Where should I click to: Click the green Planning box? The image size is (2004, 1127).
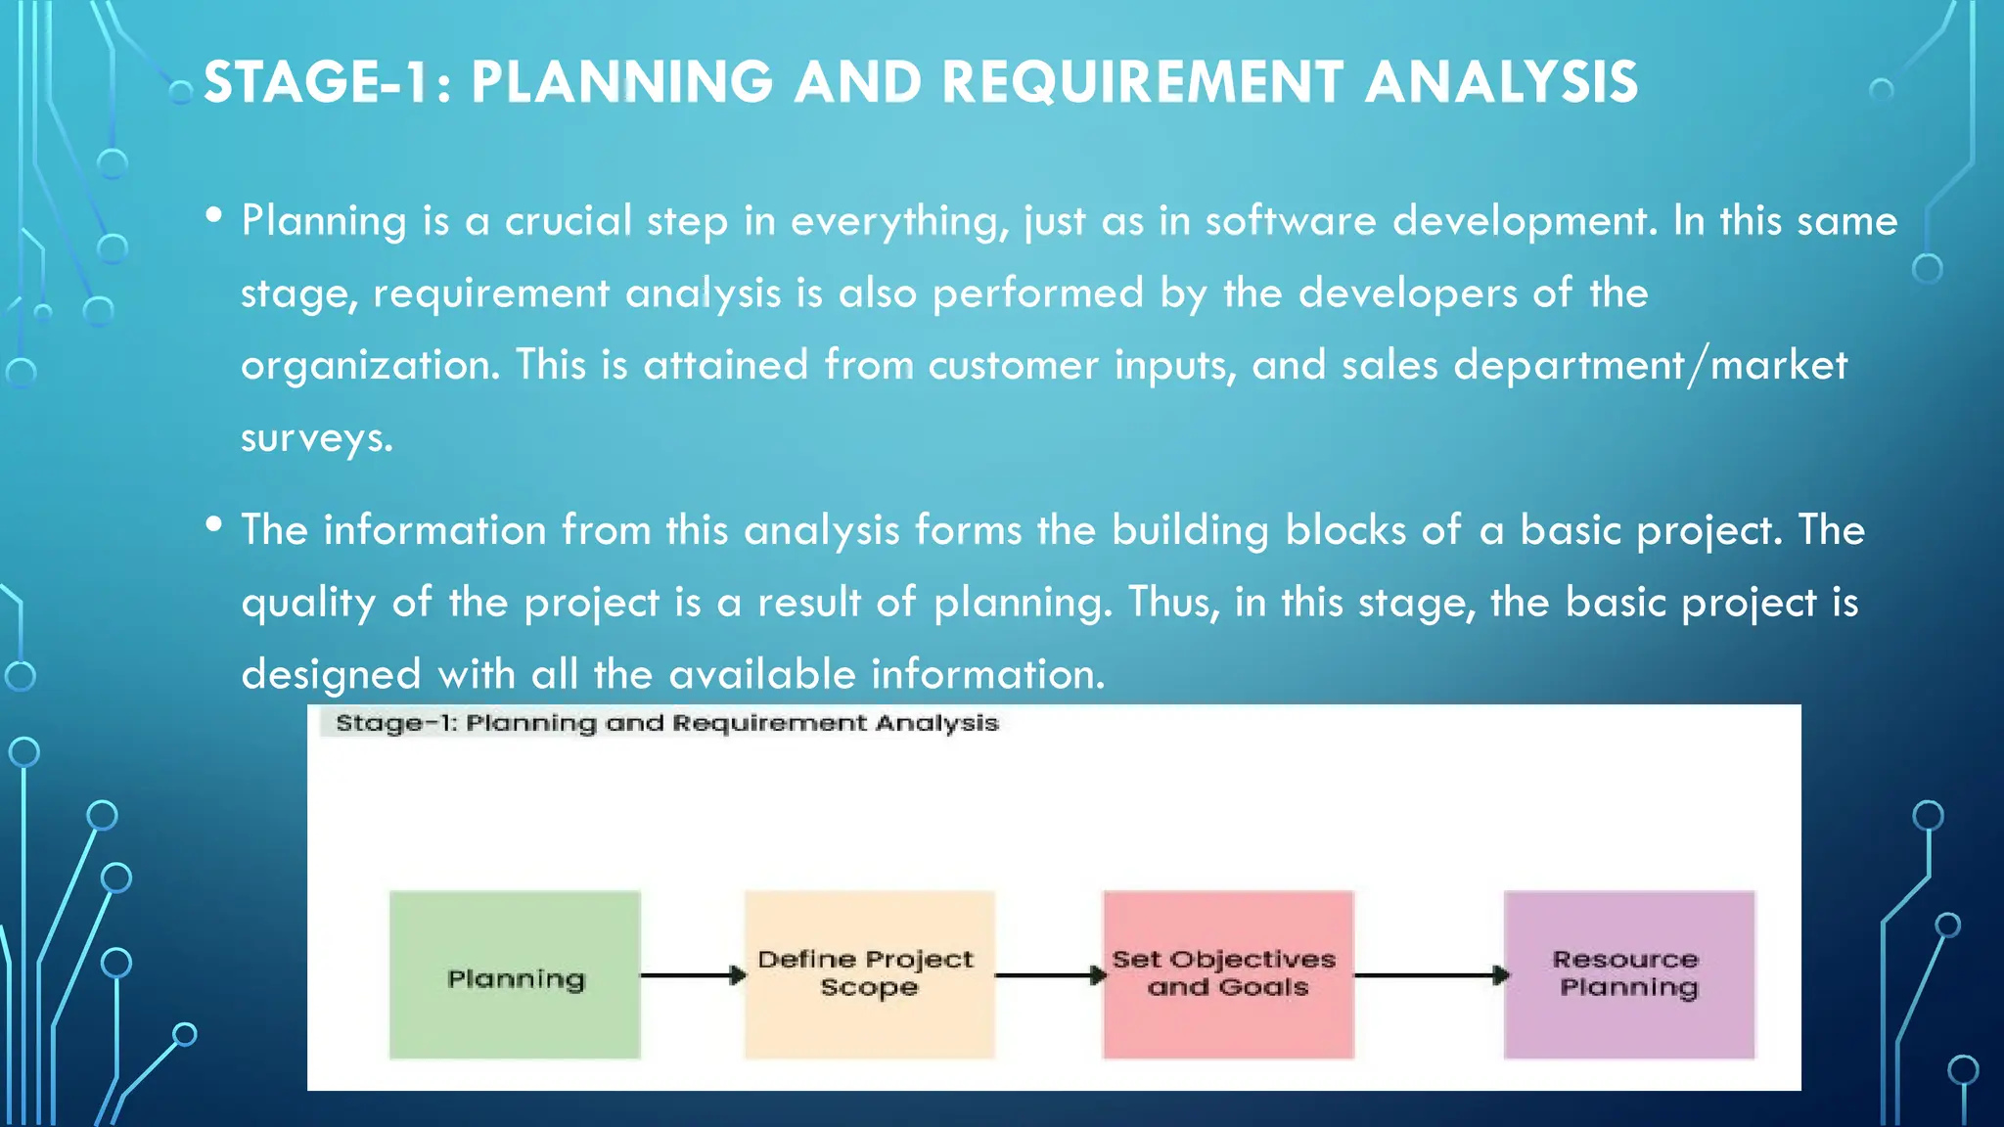coord(515,975)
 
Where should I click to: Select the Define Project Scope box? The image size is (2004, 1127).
coord(869,974)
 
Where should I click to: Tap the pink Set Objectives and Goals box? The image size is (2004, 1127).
coord(1228,974)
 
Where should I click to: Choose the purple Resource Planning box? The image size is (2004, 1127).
coord(1628,974)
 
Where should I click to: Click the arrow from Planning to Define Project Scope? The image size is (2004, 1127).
coord(692,975)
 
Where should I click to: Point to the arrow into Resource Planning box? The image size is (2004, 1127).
coord(1430,975)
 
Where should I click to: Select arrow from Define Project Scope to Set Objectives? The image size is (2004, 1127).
coord(1049,975)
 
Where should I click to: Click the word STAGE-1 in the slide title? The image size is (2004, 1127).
coord(317,82)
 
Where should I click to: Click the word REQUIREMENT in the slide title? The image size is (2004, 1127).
coord(1141,82)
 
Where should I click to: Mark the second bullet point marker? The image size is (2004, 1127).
coord(214,524)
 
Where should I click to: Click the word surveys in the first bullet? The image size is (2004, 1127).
coord(316,437)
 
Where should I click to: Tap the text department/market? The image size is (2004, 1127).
coord(1650,366)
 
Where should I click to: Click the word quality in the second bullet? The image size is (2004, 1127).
coord(308,603)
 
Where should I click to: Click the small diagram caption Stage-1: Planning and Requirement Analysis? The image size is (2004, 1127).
coord(666,723)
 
